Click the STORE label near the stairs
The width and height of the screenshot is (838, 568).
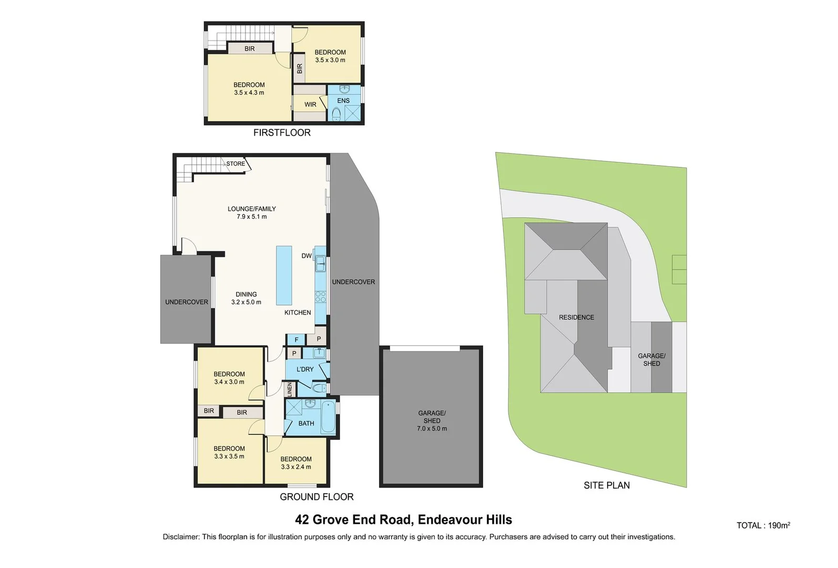click(236, 164)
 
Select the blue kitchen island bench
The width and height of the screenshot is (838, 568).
click(284, 275)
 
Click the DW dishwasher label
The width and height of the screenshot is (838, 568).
click(306, 256)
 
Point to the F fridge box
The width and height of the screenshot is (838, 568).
click(297, 340)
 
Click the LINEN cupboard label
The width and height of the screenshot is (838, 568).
click(289, 390)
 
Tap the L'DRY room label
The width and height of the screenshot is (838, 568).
click(305, 369)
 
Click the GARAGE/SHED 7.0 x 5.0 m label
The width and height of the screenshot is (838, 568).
click(432, 421)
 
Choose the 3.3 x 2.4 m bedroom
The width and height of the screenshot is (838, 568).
click(296, 463)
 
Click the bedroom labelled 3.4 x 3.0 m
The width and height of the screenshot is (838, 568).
click(229, 378)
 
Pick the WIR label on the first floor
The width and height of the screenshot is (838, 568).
click(311, 105)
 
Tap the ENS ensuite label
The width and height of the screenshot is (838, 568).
click(343, 100)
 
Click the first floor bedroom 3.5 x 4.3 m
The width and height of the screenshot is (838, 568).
click(249, 88)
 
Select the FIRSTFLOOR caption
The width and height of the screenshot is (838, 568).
click(282, 133)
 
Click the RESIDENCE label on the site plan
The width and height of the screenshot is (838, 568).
click(577, 317)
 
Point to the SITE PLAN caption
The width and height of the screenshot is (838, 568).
click(606, 485)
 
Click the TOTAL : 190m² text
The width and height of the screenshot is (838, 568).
click(763, 525)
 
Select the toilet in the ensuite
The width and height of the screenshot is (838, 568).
click(336, 114)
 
